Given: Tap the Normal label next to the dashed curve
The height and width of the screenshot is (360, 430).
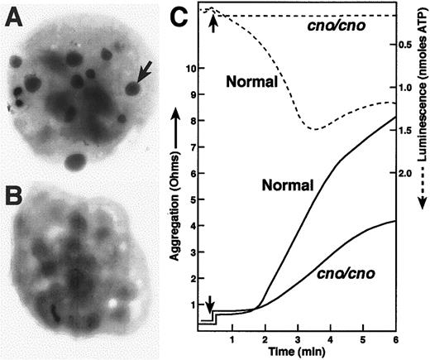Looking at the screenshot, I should tap(250, 81).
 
